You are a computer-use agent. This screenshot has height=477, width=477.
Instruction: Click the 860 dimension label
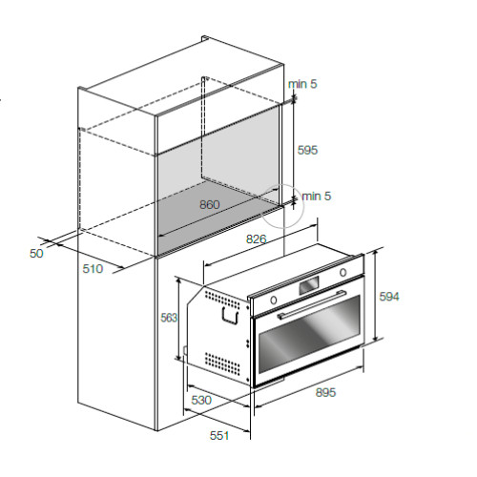click(210, 204)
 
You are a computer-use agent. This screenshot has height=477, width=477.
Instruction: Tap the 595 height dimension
click(307, 150)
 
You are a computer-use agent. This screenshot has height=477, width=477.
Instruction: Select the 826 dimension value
click(257, 239)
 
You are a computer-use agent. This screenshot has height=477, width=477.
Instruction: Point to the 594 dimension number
click(389, 297)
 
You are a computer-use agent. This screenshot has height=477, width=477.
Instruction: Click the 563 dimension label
click(169, 318)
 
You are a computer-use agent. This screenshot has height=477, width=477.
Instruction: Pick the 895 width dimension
click(325, 392)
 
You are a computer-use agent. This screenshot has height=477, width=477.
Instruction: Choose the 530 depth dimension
click(201, 400)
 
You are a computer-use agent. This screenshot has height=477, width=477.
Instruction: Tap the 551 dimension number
click(219, 435)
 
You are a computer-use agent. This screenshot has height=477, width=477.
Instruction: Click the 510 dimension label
click(93, 269)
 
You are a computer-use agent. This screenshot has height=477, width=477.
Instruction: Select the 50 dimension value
click(36, 254)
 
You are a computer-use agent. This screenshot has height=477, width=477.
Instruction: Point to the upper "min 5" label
click(302, 84)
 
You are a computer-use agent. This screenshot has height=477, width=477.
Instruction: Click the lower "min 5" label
click(317, 197)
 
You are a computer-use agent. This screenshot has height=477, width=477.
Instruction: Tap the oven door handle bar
click(312, 304)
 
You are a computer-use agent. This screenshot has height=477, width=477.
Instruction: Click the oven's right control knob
click(342, 273)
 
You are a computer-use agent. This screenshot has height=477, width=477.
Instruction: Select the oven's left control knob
click(273, 300)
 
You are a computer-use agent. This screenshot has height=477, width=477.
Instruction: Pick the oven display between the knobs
click(308, 285)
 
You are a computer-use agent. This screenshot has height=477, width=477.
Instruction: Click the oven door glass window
click(309, 334)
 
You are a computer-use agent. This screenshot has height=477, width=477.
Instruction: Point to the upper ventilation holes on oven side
click(222, 300)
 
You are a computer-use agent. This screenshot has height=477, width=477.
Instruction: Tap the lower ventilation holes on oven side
click(222, 363)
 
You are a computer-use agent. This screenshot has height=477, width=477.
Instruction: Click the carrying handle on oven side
click(230, 316)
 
